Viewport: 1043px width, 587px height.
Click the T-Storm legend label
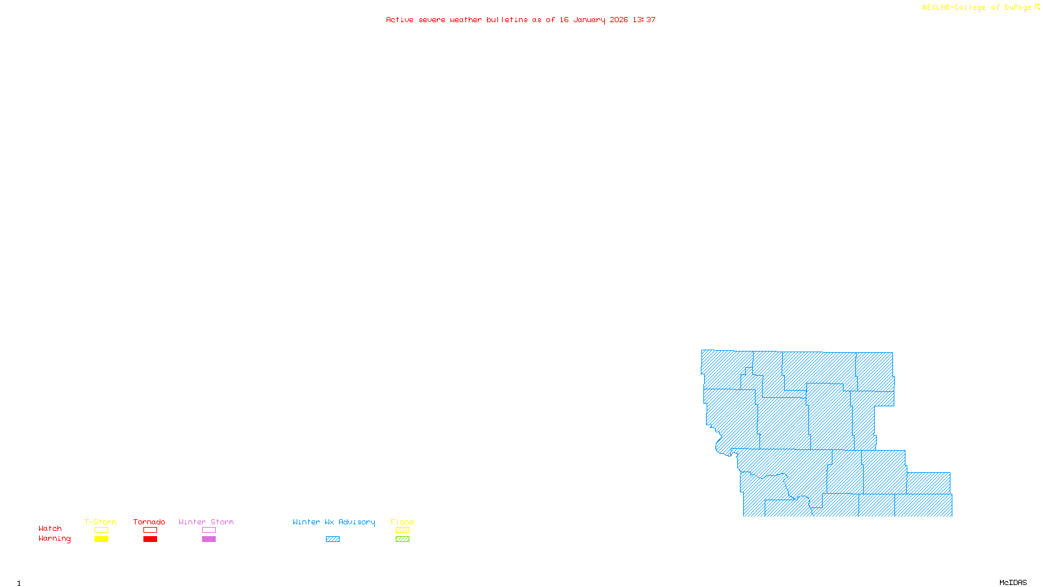pos(100,522)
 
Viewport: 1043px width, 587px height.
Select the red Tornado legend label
pos(149,522)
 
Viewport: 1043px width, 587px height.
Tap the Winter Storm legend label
pos(206,522)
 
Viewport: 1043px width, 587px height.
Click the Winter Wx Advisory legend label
pos(334,522)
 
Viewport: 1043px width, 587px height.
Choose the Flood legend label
pos(402,522)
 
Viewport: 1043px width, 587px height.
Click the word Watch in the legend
pos(50,529)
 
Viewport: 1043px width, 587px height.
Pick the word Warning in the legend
pos(55,539)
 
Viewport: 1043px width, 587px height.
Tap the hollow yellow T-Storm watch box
pos(101,530)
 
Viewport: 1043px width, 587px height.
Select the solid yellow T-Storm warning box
pos(101,539)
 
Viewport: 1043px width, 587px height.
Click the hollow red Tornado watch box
pos(150,530)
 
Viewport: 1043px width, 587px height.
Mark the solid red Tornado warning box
pos(150,539)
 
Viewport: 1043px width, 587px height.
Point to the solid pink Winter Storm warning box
pos(209,539)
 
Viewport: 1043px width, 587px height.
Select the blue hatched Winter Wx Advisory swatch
pos(332,539)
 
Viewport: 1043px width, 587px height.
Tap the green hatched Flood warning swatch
pos(402,539)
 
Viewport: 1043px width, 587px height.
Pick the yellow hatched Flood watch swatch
pos(402,530)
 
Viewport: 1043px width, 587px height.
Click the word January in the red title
pos(589,20)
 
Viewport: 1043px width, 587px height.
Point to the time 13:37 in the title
pos(644,20)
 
